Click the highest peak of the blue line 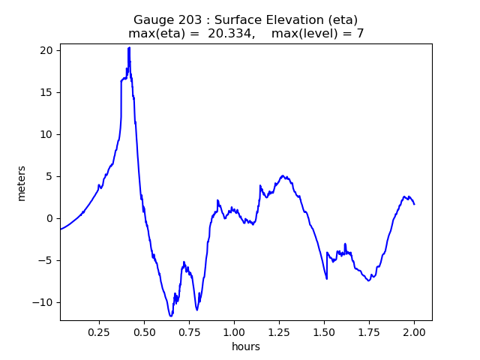pyautogui.click(x=129, y=47)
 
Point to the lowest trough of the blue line pyautogui.click(x=171, y=316)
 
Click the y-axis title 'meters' pyautogui.click(x=22, y=182)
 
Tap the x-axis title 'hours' pyautogui.click(x=246, y=346)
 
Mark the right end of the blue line pyautogui.click(x=414, y=204)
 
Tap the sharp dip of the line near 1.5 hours pyautogui.click(x=326, y=278)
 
